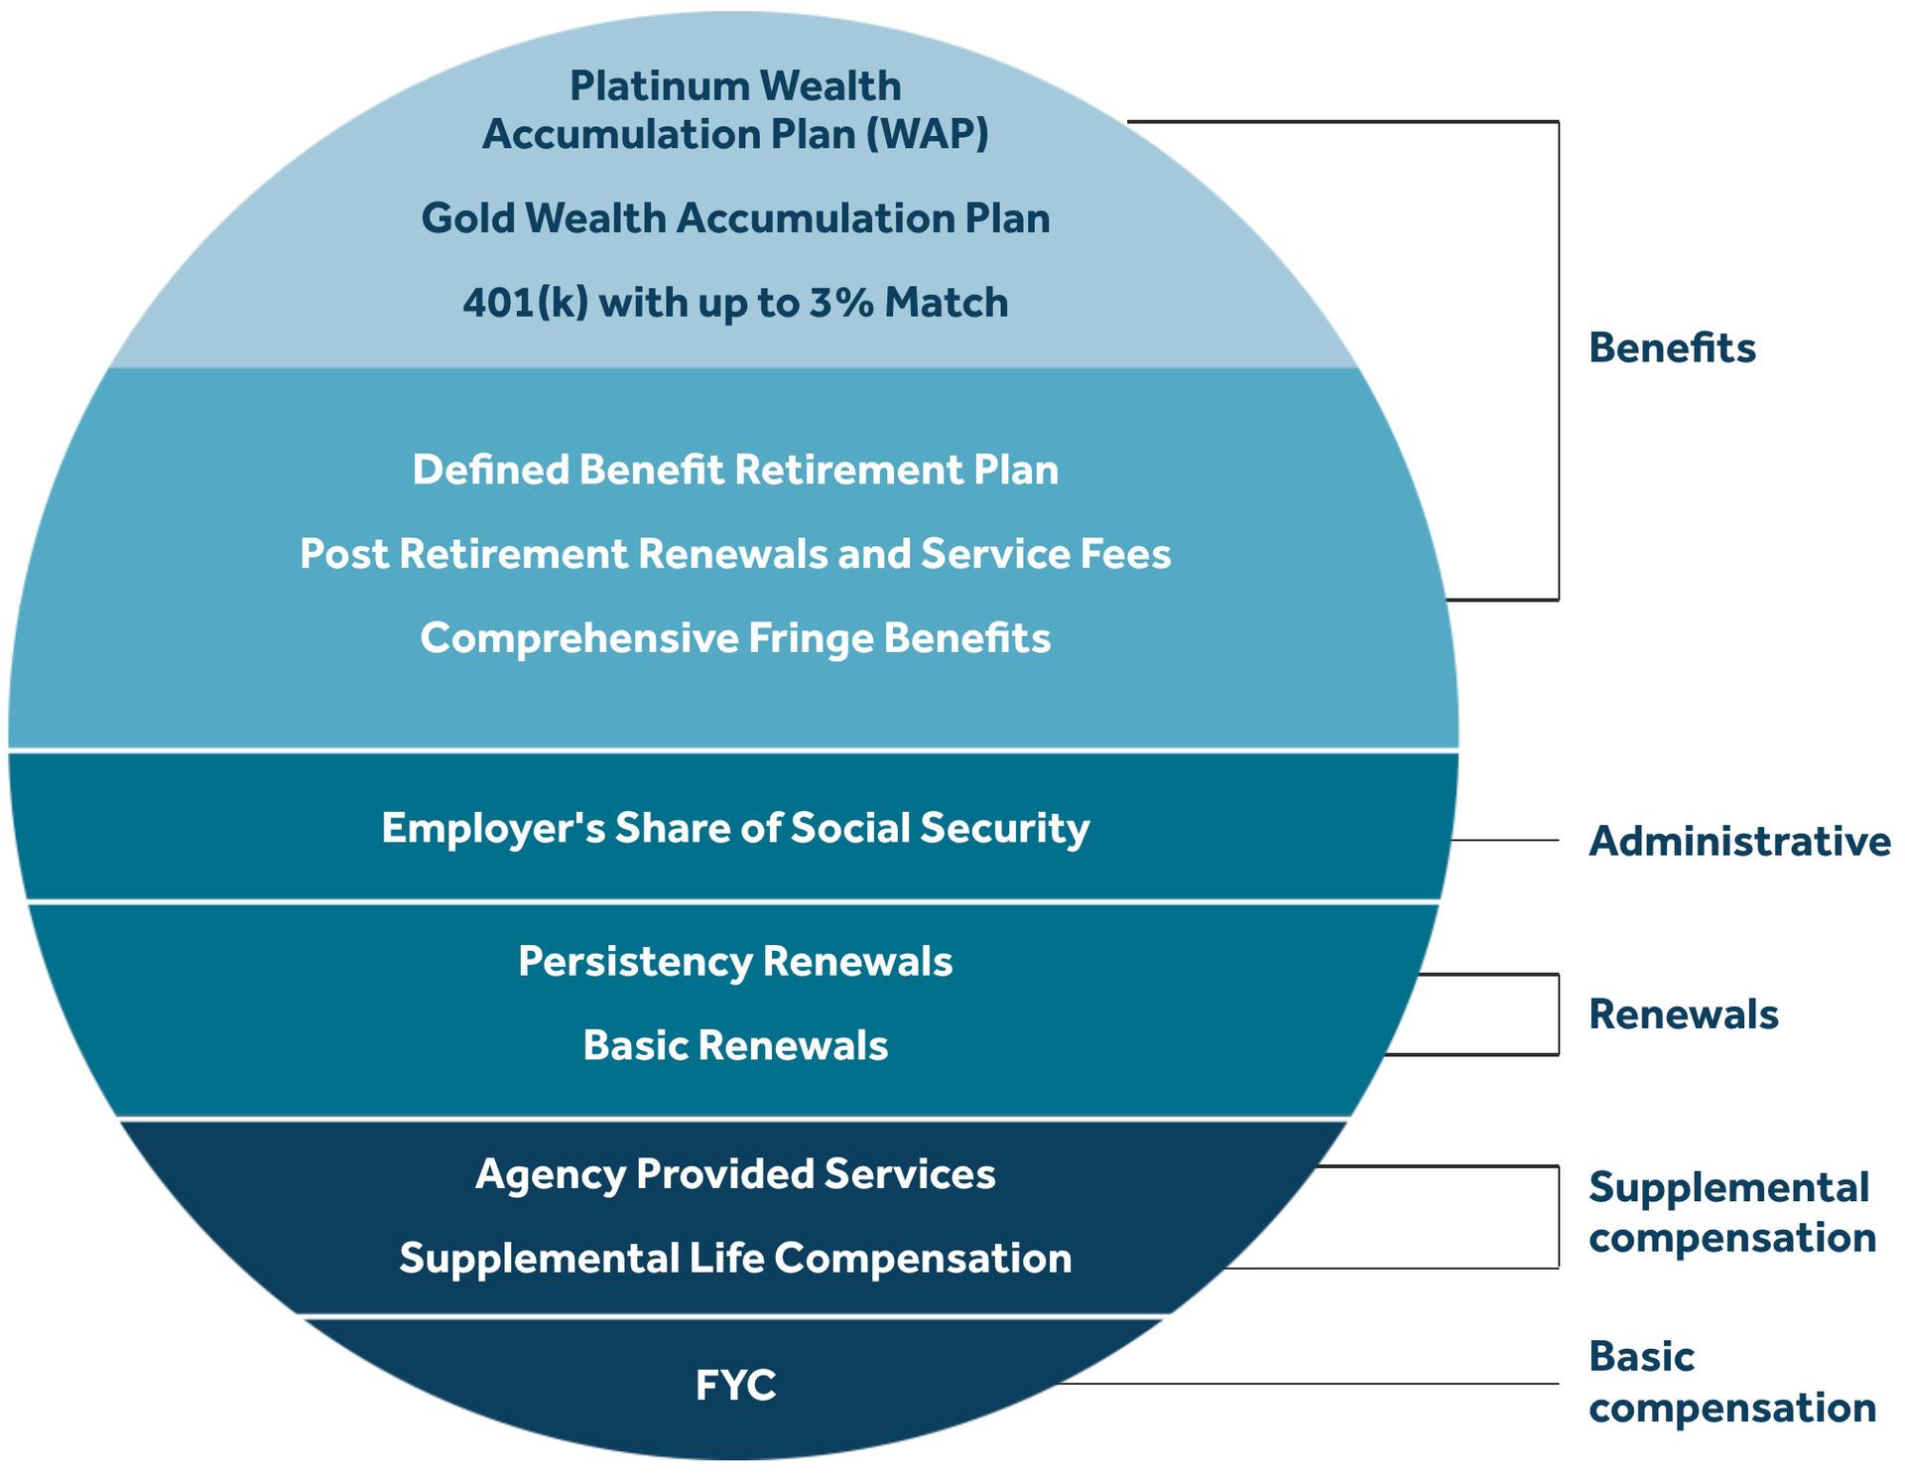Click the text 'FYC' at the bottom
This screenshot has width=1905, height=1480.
pyautogui.click(x=735, y=1385)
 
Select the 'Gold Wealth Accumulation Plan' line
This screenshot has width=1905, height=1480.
pyautogui.click(x=735, y=218)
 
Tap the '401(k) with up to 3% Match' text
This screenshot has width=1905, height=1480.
pyautogui.click(x=735, y=302)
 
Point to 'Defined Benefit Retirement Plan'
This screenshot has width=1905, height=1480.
pyautogui.click(x=735, y=470)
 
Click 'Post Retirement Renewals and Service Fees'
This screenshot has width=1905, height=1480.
pyautogui.click(x=735, y=554)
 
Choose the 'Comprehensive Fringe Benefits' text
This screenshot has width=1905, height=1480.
pyautogui.click(x=735, y=637)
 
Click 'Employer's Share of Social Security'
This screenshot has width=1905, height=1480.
pyautogui.click(x=735, y=828)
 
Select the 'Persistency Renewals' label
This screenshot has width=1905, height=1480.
pyautogui.click(x=735, y=961)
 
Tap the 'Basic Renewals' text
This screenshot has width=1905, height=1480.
pyautogui.click(x=735, y=1045)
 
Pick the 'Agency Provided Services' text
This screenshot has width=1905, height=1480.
pyautogui.click(x=735, y=1173)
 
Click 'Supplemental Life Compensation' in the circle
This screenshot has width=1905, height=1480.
pyautogui.click(x=735, y=1258)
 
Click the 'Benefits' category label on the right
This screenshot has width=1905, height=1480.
pyautogui.click(x=1672, y=347)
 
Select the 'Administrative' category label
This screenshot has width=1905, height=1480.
pyautogui.click(x=1739, y=841)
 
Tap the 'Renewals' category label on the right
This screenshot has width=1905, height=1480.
pyautogui.click(x=1683, y=1013)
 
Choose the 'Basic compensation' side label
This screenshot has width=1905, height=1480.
pyautogui.click(x=1731, y=1382)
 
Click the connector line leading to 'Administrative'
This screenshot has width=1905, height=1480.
pyautogui.click(x=1504, y=841)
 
